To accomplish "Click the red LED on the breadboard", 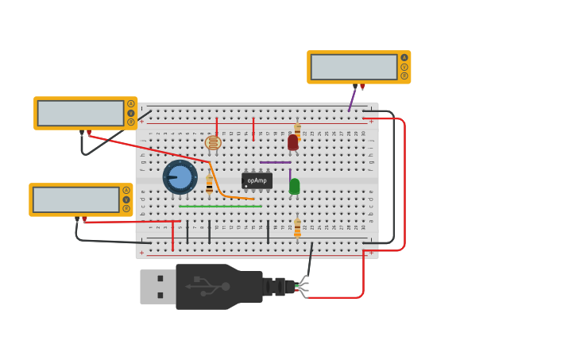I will click(x=292, y=142).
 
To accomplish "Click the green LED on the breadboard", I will click(x=294, y=186).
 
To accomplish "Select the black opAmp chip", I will click(x=257, y=181).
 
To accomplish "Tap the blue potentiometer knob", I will click(x=180, y=177).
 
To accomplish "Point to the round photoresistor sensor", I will click(x=213, y=143).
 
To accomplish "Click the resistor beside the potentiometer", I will click(x=209, y=184).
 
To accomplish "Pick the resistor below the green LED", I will click(x=297, y=228).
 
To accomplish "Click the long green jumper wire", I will click(x=220, y=207).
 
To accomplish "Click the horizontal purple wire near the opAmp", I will click(x=275, y=163).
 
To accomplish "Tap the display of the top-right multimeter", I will click(x=354, y=67).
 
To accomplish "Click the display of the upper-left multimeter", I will click(x=80, y=113).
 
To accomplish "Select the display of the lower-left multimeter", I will click(x=75, y=199).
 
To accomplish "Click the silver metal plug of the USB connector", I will click(x=157, y=287).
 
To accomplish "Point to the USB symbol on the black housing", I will click(x=208, y=286).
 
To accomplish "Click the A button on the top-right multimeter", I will click(x=404, y=57).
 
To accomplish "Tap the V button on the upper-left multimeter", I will click(x=131, y=113).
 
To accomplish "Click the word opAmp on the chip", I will click(x=256, y=180).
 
